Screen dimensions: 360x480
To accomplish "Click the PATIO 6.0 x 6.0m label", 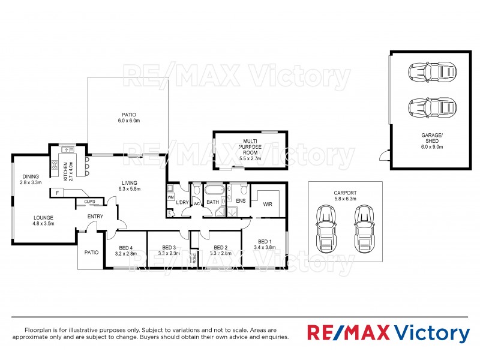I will pyautogui.click(x=129, y=117).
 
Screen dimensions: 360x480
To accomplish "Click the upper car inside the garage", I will pyautogui.click(x=431, y=73).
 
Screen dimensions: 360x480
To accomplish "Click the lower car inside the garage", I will pyautogui.click(x=431, y=109).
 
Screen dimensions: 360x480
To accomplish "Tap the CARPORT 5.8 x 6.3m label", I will pyautogui.click(x=345, y=196).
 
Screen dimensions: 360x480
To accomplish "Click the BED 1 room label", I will pyautogui.click(x=264, y=243).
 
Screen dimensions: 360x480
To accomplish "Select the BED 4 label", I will pyautogui.click(x=125, y=250).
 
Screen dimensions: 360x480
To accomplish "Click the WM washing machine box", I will pyautogui.click(x=170, y=196).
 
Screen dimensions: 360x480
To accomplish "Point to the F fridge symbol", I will pyautogui.click(x=58, y=193).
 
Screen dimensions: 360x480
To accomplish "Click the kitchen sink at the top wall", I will pyautogui.click(x=65, y=149).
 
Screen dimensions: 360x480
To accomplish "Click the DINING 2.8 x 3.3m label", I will pyautogui.click(x=31, y=179).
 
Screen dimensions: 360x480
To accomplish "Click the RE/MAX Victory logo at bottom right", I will pyautogui.click(x=388, y=333).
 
